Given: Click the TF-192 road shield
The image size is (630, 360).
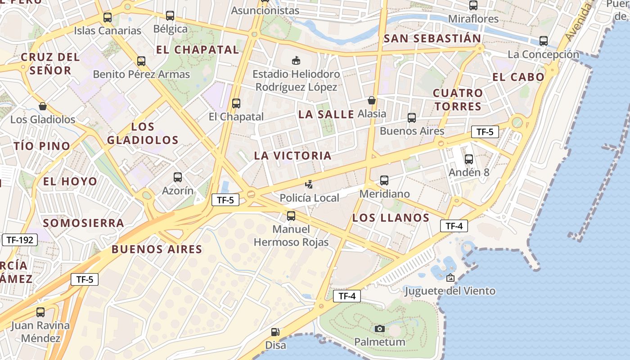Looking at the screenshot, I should pyautogui.click(x=20, y=240).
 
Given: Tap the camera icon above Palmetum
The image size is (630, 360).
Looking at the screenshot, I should pyautogui.click(x=380, y=328).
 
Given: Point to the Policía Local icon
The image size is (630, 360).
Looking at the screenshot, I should pyautogui.click(x=309, y=184).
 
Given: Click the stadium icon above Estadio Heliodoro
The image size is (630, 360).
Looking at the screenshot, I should pyautogui.click(x=296, y=60).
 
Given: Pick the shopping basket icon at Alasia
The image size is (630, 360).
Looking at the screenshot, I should pyautogui.click(x=372, y=100).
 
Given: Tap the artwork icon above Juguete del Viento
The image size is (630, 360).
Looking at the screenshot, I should pyautogui.click(x=450, y=278).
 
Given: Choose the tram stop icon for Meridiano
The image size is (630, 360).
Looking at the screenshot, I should pyautogui.click(x=384, y=180).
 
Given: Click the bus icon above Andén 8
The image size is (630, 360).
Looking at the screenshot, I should pyautogui.click(x=469, y=159).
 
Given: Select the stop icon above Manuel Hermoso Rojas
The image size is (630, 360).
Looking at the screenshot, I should pyautogui.click(x=291, y=216).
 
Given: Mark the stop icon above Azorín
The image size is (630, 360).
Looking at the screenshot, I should pyautogui.click(x=178, y=177).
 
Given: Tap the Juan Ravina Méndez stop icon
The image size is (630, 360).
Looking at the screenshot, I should pyautogui.click(x=40, y=312).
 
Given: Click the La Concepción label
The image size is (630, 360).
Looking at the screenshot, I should pyautogui.click(x=543, y=54).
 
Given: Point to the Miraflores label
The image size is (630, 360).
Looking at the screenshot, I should pyautogui.click(x=473, y=19).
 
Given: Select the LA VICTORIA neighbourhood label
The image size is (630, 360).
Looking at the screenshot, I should pyautogui.click(x=292, y=156).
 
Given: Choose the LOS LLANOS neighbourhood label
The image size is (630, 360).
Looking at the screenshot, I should pyautogui.click(x=391, y=218).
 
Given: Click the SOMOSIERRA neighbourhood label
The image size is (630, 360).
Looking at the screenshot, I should pyautogui.click(x=83, y=223).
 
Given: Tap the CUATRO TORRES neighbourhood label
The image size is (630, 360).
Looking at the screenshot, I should pyautogui.click(x=458, y=99).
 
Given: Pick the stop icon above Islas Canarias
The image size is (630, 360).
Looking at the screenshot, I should pyautogui.click(x=108, y=18).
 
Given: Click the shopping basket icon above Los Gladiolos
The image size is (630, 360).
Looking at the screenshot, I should pyautogui.click(x=43, y=106).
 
